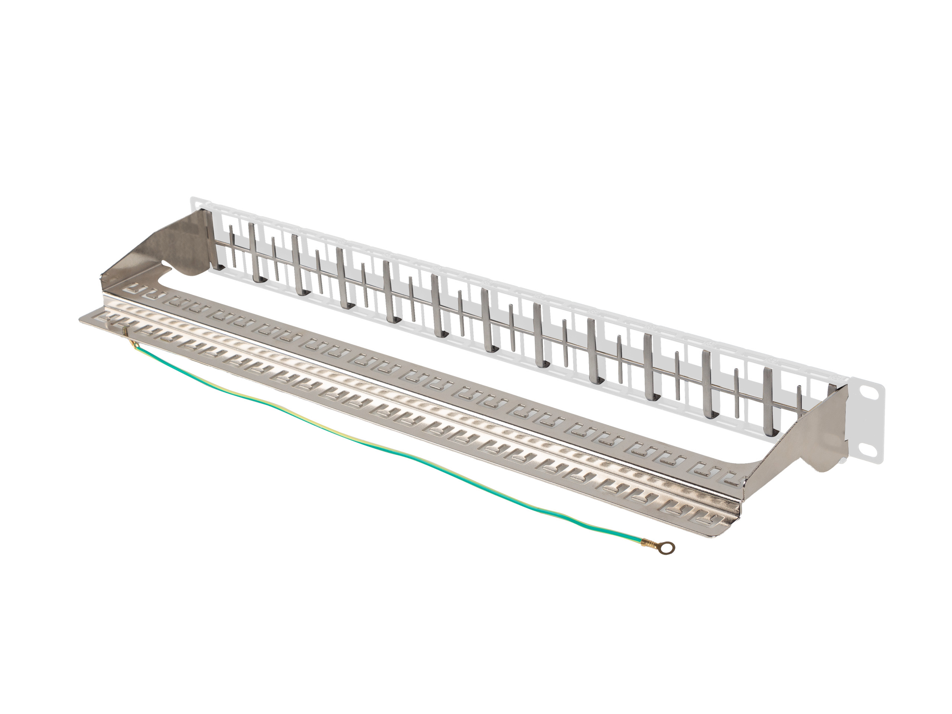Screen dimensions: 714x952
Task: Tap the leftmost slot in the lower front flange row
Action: (102, 318)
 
